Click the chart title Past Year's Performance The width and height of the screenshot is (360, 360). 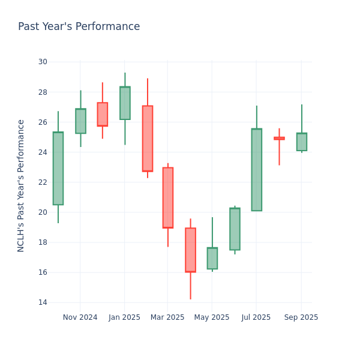(79, 27)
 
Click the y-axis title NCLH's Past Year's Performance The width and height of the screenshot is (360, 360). (21, 185)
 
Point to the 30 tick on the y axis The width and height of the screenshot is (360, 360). (43, 62)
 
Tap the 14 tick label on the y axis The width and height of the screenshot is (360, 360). (43, 302)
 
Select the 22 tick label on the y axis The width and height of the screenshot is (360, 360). (43, 182)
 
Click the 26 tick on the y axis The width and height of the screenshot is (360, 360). (43, 122)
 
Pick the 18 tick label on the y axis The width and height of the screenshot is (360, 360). (43, 242)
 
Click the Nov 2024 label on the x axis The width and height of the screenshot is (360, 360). (80, 317)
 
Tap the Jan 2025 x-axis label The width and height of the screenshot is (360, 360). (124, 317)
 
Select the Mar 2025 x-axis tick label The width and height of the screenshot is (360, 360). (167, 317)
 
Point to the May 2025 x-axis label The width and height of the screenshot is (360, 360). (212, 317)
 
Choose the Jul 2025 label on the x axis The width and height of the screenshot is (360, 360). (256, 317)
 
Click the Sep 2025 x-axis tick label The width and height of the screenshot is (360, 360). (301, 317)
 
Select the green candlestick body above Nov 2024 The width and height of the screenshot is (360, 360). (80, 121)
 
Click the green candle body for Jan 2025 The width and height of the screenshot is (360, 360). (125, 103)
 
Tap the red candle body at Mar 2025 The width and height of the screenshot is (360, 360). (168, 197)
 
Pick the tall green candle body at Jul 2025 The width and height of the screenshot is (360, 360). (257, 170)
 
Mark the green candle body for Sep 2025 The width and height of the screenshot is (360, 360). (302, 142)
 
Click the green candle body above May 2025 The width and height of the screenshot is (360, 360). (212, 258)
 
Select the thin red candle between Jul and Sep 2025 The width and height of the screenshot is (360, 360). (279, 138)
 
